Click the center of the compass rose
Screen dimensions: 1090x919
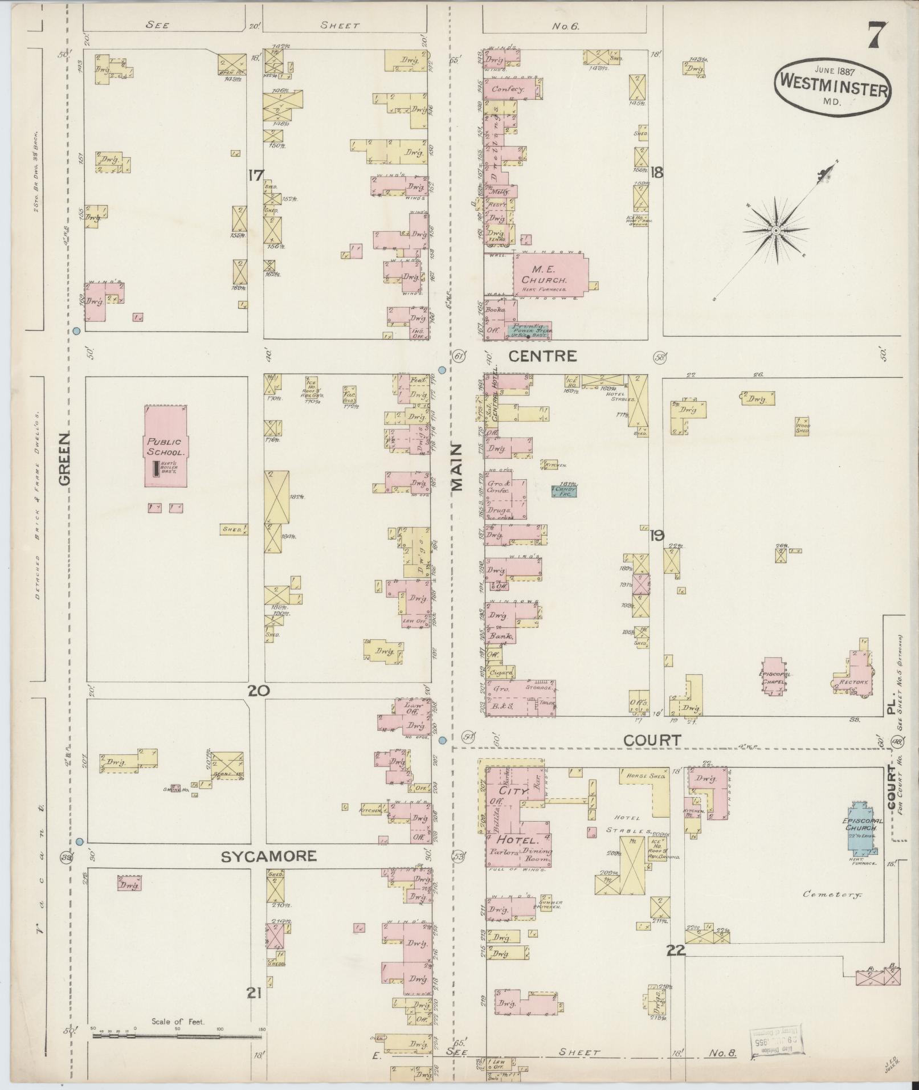tap(775, 230)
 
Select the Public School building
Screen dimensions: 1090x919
tap(165, 446)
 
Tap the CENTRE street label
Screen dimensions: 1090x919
tap(542, 357)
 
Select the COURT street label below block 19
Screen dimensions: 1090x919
tap(652, 741)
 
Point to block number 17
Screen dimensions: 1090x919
tap(255, 175)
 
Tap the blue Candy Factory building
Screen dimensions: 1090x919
tap(564, 490)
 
